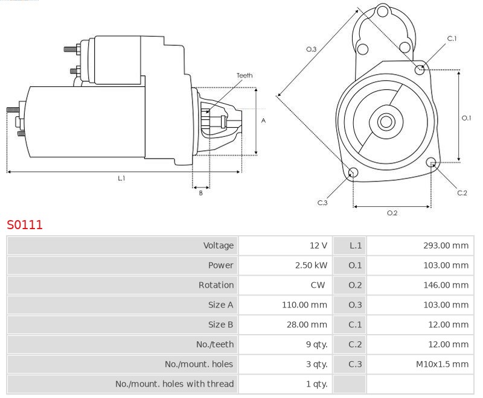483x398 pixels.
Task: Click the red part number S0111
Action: (x=25, y=225)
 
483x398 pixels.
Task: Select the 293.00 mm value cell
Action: (x=446, y=245)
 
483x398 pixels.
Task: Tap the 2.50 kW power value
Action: (x=311, y=265)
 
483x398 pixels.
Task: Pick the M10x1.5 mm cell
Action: (x=442, y=364)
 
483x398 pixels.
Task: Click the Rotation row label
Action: (x=216, y=285)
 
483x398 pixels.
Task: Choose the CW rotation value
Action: (x=318, y=285)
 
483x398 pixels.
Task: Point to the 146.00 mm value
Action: (x=446, y=285)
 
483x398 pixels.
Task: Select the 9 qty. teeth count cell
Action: (x=316, y=344)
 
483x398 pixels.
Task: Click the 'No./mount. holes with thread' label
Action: (x=174, y=384)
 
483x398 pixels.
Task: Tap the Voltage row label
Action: (x=219, y=245)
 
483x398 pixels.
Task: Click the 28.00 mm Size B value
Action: (x=307, y=324)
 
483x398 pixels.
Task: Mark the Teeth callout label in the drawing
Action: (x=245, y=75)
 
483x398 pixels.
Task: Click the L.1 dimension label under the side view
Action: (x=121, y=178)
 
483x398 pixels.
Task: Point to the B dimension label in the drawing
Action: (x=201, y=193)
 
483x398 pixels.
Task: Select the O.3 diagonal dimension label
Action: (x=311, y=49)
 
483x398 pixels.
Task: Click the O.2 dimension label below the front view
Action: (x=392, y=213)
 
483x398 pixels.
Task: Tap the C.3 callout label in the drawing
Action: (x=322, y=203)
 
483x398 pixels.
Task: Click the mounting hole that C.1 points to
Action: (x=420, y=70)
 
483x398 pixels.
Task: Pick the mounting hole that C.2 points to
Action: (x=431, y=162)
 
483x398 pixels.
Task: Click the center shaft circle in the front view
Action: (x=386, y=122)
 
